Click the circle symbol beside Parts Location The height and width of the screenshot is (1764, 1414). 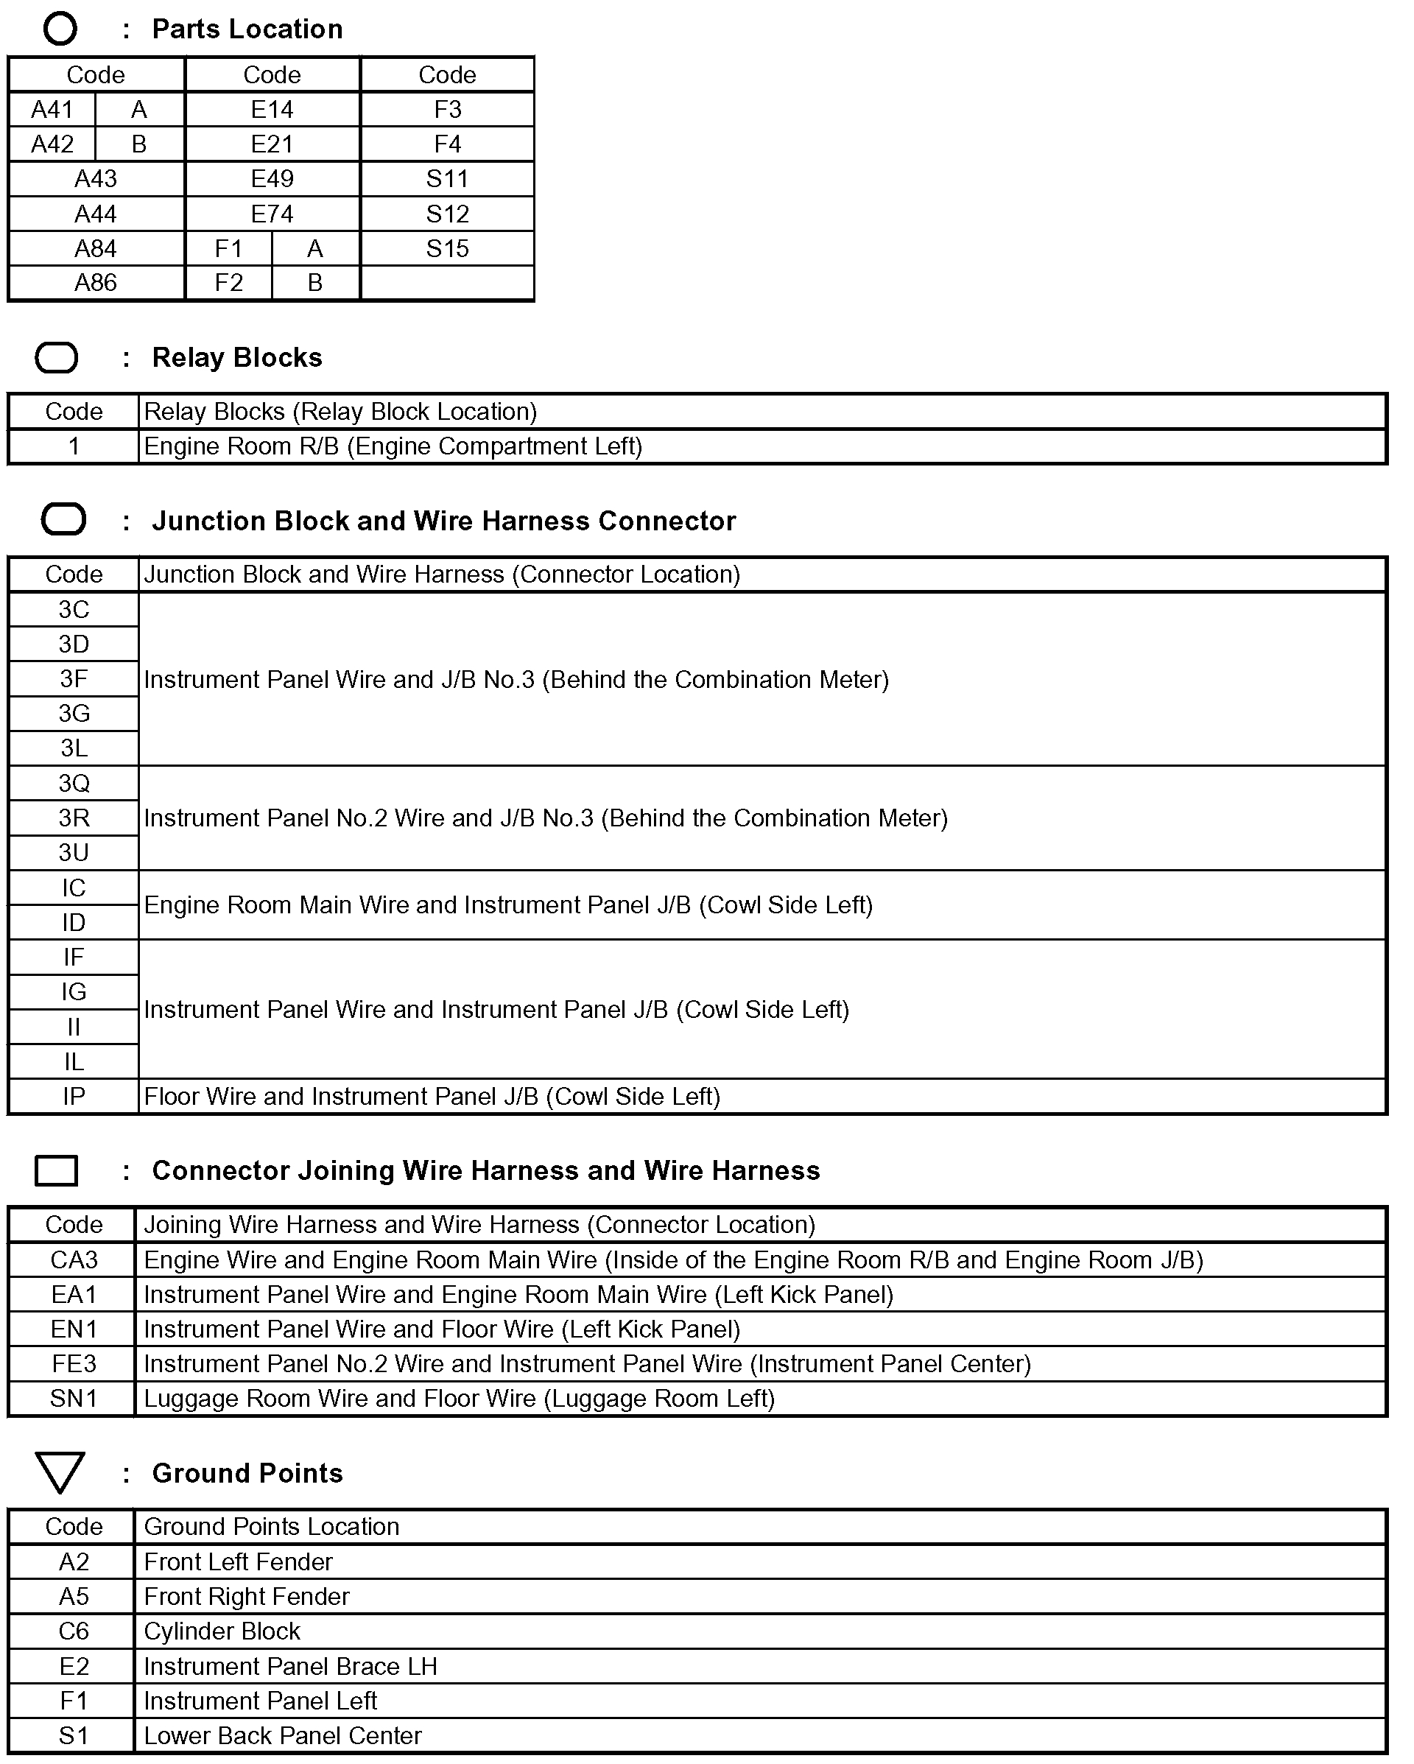[60, 29]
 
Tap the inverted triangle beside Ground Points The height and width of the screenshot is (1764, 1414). [60, 1472]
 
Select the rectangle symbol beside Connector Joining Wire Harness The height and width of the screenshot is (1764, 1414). [57, 1170]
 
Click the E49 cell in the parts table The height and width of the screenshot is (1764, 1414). [272, 178]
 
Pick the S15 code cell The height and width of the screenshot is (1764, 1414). [447, 249]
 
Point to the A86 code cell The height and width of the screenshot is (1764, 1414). [96, 283]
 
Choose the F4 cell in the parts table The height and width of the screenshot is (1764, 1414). [447, 144]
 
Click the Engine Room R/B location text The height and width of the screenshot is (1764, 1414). [393, 447]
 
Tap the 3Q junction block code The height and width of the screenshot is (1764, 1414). [74, 784]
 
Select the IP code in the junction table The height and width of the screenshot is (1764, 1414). [74, 1097]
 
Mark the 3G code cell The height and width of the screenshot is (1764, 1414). [74, 714]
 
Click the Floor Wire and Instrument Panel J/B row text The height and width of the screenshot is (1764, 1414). [432, 1097]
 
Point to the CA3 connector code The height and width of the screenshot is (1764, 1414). [74, 1260]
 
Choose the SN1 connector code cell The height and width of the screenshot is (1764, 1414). [74, 1398]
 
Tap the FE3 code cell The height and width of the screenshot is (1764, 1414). [74, 1364]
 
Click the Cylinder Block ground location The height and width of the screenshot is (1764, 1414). [222, 1631]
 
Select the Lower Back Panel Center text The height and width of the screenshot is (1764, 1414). [282, 1735]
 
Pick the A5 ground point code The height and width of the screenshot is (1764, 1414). [74, 1596]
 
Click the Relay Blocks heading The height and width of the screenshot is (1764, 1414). [236, 357]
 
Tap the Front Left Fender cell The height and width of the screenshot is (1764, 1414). [238, 1562]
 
